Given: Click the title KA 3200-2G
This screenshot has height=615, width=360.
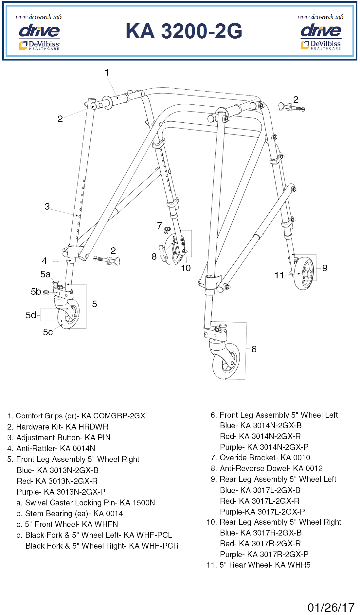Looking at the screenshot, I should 184,31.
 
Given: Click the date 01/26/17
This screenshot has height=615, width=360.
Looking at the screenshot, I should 331,607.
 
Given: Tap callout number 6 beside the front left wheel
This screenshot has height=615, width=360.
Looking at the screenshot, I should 254,349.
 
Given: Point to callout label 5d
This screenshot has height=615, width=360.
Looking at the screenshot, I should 31,315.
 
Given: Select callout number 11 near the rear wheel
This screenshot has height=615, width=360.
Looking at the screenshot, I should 279,275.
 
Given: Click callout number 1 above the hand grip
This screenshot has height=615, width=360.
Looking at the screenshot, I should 107,72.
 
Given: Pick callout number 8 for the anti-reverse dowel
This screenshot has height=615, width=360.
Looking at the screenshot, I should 154,256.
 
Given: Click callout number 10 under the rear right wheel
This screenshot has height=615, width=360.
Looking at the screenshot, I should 186,268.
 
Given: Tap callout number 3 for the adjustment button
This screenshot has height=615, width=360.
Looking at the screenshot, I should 47,206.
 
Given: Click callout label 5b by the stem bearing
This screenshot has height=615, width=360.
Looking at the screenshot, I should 36,291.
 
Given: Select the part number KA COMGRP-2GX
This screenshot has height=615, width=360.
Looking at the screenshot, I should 113,416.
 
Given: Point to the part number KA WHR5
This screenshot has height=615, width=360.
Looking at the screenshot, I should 293,565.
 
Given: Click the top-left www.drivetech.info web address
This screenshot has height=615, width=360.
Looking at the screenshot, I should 39,17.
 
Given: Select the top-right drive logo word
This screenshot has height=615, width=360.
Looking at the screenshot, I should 321,31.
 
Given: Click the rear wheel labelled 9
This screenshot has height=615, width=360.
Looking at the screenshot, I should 304,273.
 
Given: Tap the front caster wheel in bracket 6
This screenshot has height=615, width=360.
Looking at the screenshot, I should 225,361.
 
